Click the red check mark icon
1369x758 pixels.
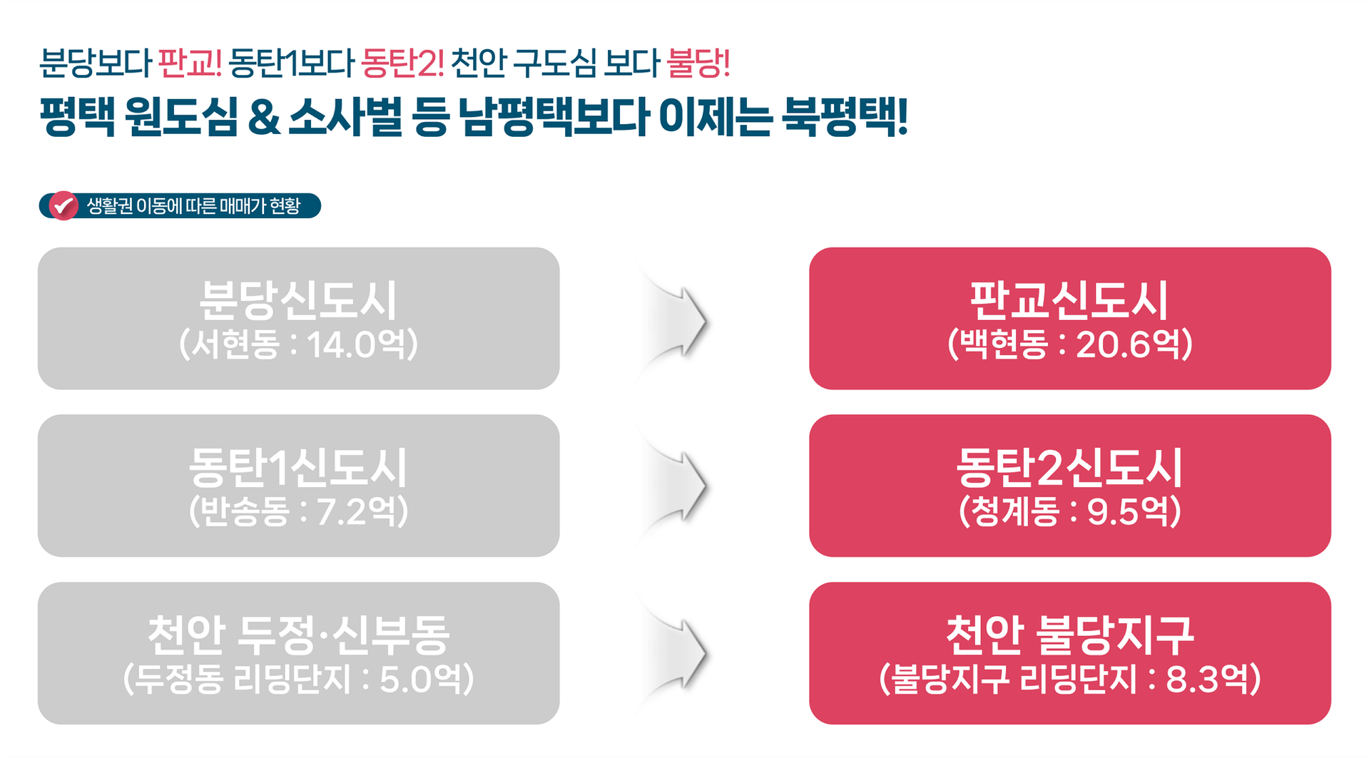[63, 206]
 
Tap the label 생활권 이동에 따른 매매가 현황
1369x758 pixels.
[193, 206]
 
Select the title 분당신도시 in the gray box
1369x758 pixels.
[297, 300]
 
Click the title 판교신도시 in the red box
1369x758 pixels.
[1069, 300]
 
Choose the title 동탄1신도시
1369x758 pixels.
[297, 468]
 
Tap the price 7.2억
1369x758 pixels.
[356, 512]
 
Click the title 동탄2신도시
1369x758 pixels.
[1069, 468]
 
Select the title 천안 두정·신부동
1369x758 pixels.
[297, 635]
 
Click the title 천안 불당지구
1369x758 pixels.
[1069, 635]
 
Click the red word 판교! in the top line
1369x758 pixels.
[189, 63]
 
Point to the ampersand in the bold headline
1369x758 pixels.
[264, 118]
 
